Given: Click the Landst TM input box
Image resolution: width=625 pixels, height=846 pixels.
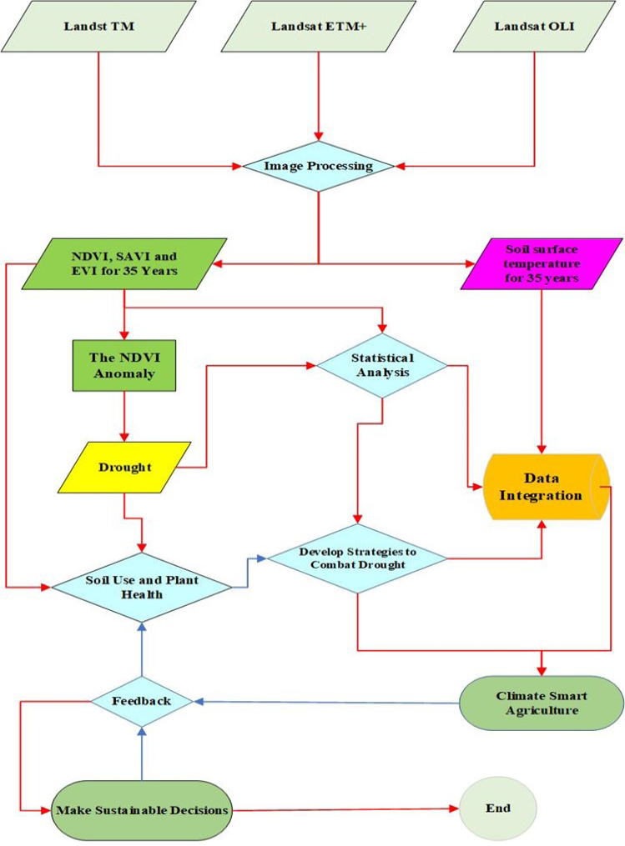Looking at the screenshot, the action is coord(98,27).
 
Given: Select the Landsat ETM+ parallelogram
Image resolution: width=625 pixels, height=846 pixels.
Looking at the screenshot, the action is coord(319,27).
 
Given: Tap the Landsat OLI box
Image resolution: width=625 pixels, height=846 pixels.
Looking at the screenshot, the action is coord(534,27).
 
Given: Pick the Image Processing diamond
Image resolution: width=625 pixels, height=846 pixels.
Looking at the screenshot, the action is coord(319,166).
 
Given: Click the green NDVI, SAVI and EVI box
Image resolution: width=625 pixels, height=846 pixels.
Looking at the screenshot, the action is coord(124,264).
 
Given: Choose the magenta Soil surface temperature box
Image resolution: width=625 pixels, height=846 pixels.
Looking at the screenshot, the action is coord(542,264).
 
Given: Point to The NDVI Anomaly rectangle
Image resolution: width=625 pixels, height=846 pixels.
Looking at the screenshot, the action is coord(124,365).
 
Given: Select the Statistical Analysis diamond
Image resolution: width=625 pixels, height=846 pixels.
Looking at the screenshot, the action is coord(382,365).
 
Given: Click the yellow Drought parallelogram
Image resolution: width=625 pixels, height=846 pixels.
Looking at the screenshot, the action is coord(124,468).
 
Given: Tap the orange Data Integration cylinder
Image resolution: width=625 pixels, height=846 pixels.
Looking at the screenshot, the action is coord(547,488).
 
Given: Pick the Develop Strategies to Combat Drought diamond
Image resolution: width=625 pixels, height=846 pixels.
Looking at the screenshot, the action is coord(358,558).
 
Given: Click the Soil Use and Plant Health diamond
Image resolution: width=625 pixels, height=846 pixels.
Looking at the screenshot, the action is coord(142,587).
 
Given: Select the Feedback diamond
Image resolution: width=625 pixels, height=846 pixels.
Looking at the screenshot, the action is coord(142,702).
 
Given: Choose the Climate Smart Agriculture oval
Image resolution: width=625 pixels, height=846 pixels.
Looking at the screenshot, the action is coord(542,703).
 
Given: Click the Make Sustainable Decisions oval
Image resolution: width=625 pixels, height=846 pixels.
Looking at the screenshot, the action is coord(142,810).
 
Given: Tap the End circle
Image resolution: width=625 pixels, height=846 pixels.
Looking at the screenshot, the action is coord(497,808).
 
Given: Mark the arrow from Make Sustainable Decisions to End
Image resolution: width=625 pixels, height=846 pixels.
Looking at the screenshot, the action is coord(345,809).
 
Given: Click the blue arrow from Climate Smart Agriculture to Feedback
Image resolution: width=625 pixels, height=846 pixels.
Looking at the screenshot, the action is coord(326,703).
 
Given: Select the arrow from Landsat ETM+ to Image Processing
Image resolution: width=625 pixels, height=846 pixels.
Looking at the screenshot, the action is coord(319,97).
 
